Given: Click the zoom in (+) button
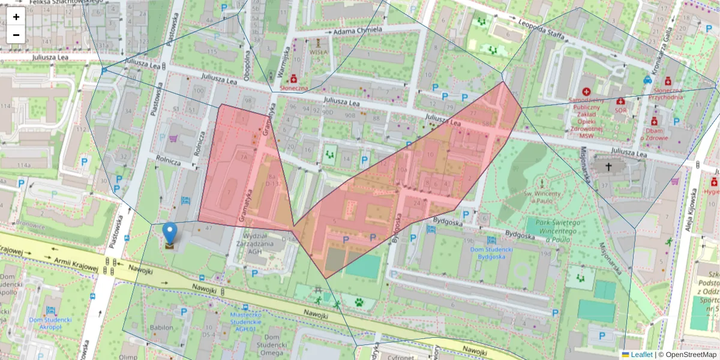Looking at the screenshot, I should point(16,17).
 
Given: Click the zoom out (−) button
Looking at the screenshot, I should point(16,35).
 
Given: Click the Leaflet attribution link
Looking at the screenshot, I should point(641,355).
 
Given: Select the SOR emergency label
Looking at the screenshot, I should point(620,110).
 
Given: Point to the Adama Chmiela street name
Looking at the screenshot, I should point(358,30).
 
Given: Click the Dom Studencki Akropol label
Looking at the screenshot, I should point(50,323).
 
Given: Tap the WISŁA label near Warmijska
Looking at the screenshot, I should point(318,52).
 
